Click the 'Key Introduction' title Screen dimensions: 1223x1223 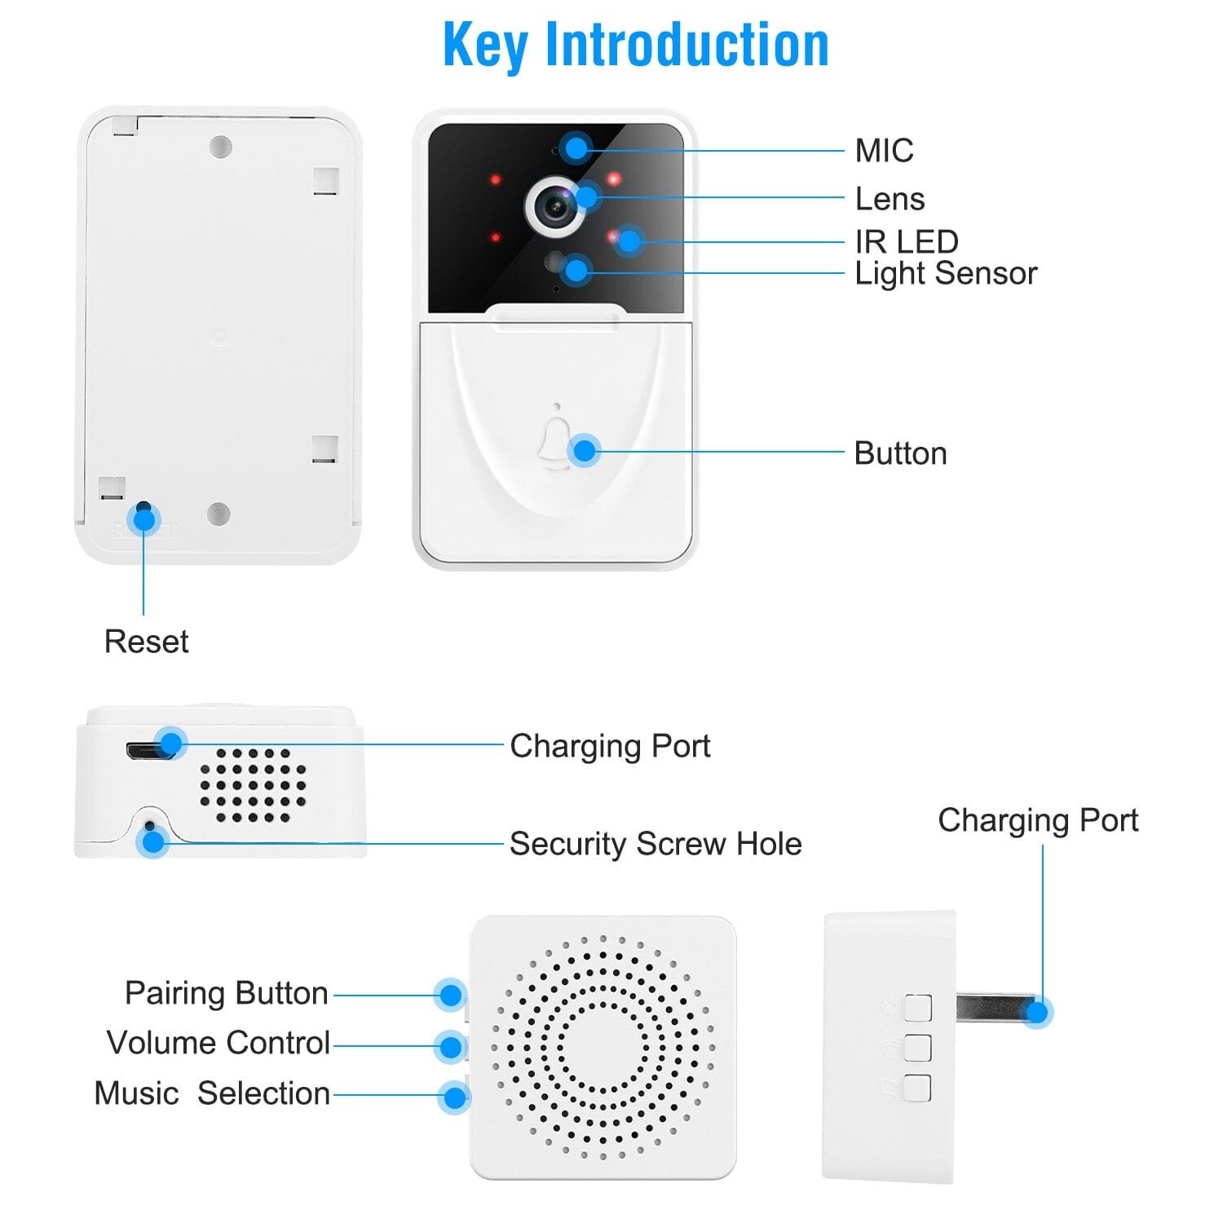click(635, 45)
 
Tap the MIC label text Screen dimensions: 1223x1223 click(884, 151)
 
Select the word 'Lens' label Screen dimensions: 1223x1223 click(890, 199)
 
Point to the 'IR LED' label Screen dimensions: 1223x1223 click(906, 241)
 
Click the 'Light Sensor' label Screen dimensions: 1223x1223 click(945, 273)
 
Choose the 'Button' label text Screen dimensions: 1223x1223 click(900, 453)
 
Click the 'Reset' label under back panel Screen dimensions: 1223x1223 click(146, 642)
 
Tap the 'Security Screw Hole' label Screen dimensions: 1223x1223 click(655, 844)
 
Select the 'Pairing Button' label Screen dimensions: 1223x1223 click(226, 993)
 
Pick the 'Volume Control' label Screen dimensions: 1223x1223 click(218, 1043)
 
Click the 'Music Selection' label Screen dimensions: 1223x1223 click(212, 1093)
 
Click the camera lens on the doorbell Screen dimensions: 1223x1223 click(557, 205)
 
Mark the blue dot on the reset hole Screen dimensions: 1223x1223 click(144, 519)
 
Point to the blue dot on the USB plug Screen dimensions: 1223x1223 click(1036, 1012)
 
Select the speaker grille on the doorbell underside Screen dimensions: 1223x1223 click(253, 784)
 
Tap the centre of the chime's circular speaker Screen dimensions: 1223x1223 click(603, 1047)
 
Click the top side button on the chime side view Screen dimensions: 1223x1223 click(917, 1008)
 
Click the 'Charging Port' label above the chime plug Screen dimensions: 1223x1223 click(1037, 820)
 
